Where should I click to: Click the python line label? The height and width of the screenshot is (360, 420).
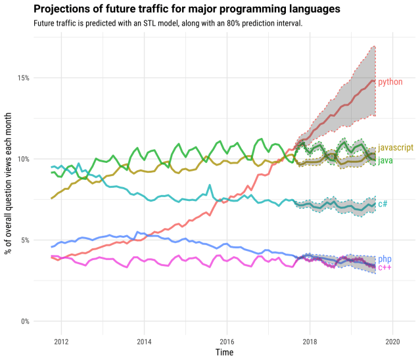pos(390,83)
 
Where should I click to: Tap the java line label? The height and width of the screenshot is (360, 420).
pos(385,160)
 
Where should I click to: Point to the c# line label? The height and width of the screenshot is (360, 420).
pos(383,204)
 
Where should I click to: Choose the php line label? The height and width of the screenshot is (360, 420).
pos(385,259)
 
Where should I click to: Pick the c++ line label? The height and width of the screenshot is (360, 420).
pos(385,268)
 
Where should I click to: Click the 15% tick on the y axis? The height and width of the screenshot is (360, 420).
pos(23,78)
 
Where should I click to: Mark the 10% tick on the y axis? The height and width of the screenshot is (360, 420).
pos(23,159)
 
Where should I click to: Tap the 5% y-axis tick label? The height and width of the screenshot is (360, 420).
pos(24,240)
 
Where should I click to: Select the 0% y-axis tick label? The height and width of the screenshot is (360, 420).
pos(24,321)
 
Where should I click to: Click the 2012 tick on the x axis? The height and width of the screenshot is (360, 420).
pos(61,342)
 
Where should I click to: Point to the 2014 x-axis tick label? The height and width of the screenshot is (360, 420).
pos(144,342)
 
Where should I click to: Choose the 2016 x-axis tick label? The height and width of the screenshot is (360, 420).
pos(227,342)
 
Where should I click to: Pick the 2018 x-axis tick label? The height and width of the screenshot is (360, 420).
pos(310,342)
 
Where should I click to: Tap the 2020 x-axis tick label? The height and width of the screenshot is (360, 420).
pos(392,342)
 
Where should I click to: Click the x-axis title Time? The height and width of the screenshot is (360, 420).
pos(224,353)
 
